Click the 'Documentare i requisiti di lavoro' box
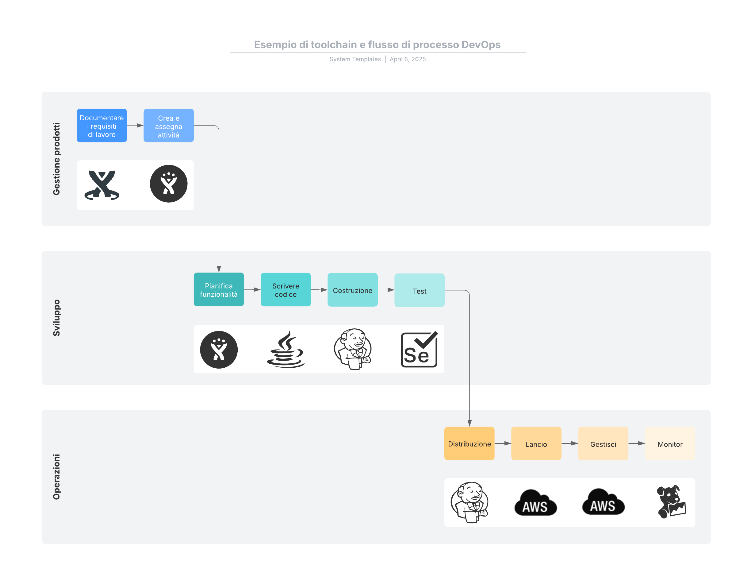102,126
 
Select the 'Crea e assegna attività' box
168,126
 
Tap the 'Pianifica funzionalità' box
219,289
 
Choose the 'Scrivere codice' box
286,289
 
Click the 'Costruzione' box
352,290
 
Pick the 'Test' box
419,290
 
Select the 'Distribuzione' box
469,443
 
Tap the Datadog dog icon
671,501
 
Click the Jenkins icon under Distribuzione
470,502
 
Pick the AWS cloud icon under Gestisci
603,502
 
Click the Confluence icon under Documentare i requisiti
102,185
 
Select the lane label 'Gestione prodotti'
56,159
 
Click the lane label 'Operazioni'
56,476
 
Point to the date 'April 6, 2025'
408,59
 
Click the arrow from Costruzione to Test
386,290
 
